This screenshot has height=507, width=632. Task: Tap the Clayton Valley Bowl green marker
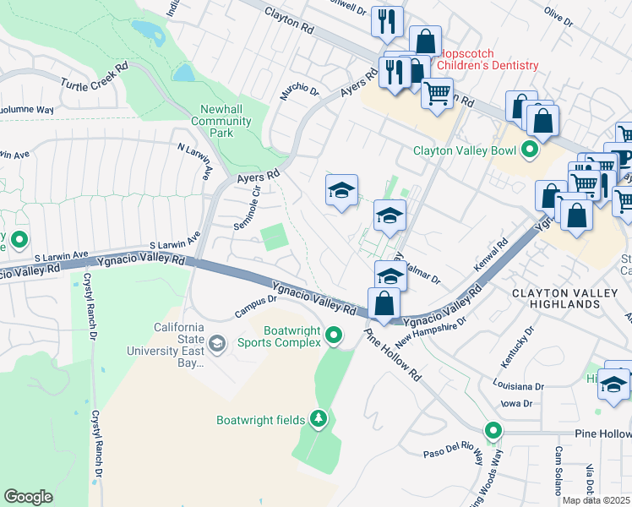[530, 151]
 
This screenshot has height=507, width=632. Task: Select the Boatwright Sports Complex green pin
[334, 336]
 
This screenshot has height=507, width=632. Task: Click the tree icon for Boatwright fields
[318, 419]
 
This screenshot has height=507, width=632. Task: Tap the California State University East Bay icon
[217, 342]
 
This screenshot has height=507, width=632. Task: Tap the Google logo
[29, 496]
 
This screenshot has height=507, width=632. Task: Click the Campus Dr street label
[256, 306]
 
